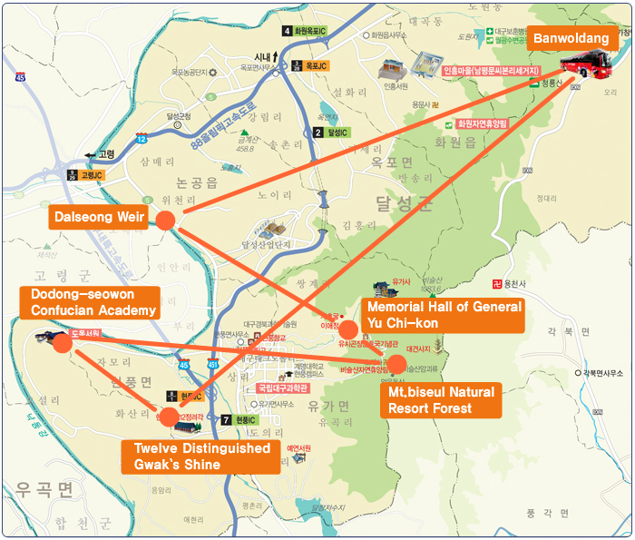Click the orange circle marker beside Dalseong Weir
pos(165,220)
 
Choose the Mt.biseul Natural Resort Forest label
pos(441,399)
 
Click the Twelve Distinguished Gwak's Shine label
pos(201,457)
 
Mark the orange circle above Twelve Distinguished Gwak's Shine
pos(170,417)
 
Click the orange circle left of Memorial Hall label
pos(348,329)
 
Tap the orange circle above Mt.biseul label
pos(396,365)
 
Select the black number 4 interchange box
pos(288,32)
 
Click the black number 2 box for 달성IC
pos(318,133)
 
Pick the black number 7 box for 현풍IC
pos(226,420)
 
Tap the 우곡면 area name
pos(41,491)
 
